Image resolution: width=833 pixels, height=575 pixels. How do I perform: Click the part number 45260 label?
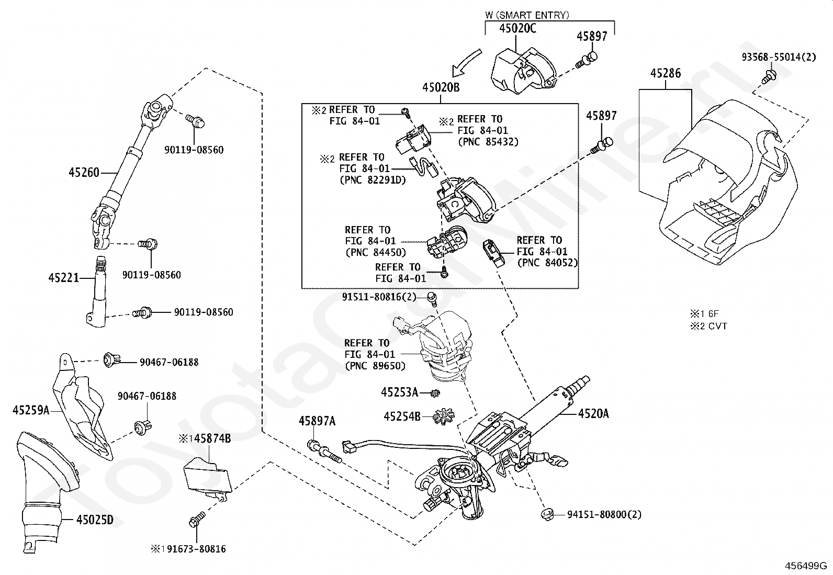tap(84, 173)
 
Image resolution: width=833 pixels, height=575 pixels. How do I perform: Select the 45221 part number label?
tap(64, 277)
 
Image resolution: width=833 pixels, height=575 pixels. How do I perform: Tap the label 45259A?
tap(31, 410)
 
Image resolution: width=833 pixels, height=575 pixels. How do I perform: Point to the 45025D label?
tap(95, 520)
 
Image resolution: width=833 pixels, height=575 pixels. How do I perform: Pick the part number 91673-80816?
tap(196, 549)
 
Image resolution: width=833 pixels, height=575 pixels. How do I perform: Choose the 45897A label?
tap(317, 421)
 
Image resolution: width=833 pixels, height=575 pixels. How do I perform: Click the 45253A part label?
tap(400, 392)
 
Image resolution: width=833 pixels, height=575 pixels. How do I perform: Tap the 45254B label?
tap(402, 416)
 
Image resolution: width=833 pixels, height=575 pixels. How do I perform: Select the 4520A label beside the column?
tap(593, 413)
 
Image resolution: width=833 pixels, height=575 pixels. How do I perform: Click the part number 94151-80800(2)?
tap(604, 515)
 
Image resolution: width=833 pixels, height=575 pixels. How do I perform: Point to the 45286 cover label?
tap(666, 73)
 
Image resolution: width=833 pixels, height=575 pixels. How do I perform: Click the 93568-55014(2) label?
tap(779, 57)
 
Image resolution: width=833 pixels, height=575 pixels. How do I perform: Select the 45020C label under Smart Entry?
tap(517, 28)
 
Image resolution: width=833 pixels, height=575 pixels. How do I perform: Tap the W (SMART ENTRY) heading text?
tap(527, 15)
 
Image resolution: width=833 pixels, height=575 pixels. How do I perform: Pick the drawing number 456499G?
tap(806, 566)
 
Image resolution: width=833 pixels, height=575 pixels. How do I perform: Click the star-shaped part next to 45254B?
tap(444, 416)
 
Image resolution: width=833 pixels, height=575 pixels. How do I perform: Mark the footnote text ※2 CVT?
tap(708, 326)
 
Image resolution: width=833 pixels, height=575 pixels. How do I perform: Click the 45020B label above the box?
tap(441, 87)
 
